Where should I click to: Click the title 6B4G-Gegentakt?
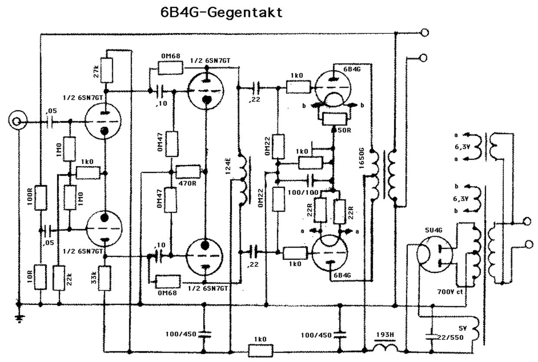point(221,12)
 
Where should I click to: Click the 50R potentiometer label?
point(343,130)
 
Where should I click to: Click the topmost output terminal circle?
point(426,33)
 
